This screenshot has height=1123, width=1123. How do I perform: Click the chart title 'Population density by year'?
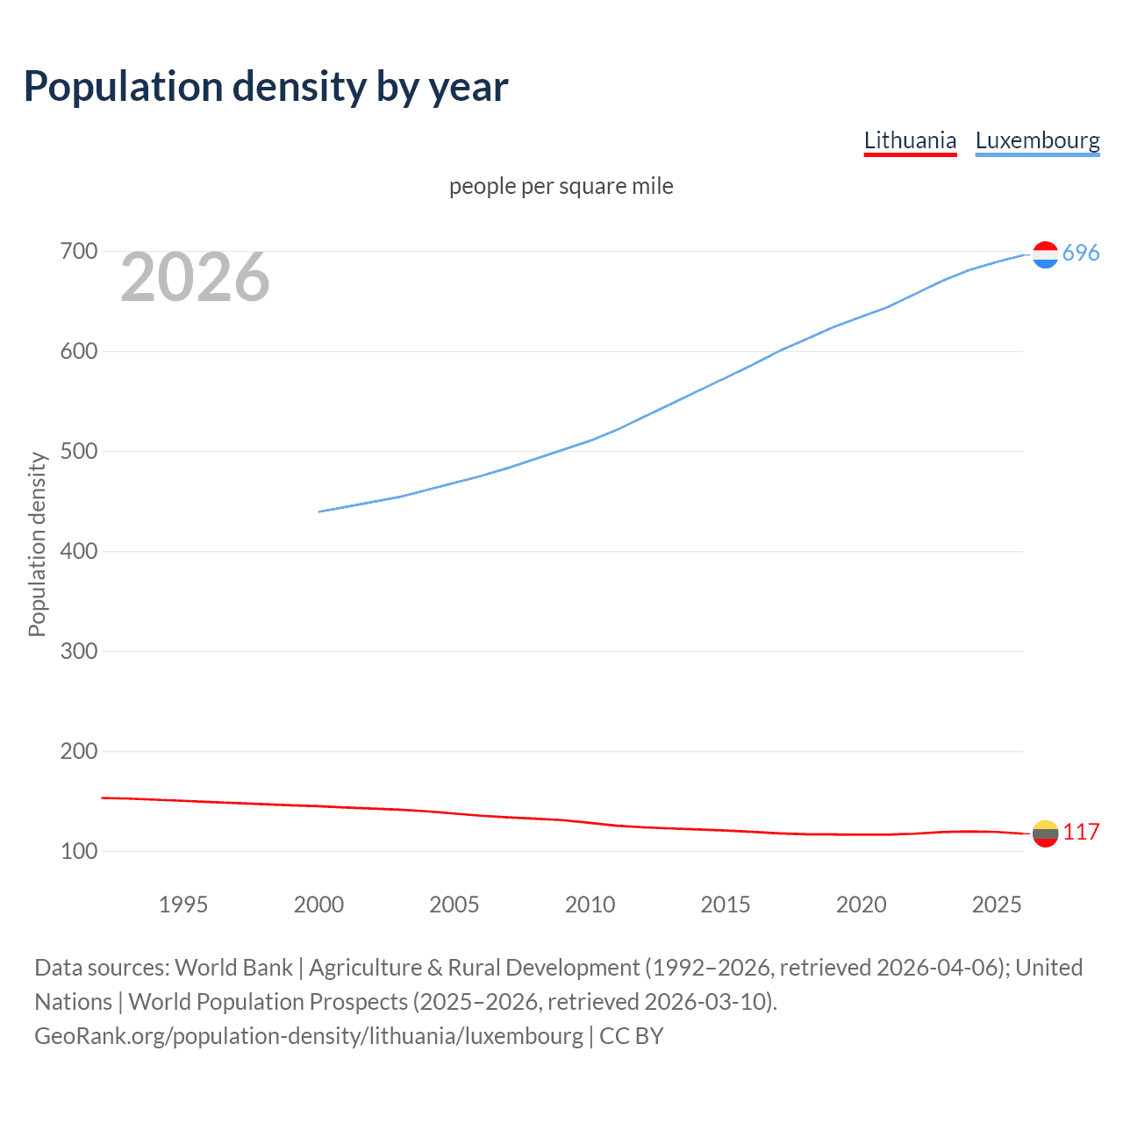[x=266, y=87]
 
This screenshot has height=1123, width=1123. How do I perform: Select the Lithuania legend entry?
[x=910, y=140]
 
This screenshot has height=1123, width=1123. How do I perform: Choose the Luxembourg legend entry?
[x=1037, y=140]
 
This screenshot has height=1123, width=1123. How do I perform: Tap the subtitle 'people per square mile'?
[x=561, y=186]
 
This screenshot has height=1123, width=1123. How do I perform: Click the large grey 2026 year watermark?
[x=195, y=277]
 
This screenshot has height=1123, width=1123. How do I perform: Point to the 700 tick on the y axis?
[x=78, y=252]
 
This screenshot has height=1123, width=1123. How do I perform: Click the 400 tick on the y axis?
[x=78, y=552]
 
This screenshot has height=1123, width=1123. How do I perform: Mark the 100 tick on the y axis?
[x=78, y=852]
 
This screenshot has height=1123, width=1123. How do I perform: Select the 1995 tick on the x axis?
[x=182, y=905]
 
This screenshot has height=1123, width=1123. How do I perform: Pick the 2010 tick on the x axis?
[x=590, y=905]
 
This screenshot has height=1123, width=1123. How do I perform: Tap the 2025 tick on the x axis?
[x=997, y=905]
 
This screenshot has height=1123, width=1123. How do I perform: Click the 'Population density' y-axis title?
[x=37, y=544]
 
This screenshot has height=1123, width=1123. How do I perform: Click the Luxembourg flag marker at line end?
[x=1045, y=254]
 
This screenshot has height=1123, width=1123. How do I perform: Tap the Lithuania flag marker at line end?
[x=1045, y=833]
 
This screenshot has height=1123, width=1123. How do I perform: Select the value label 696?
[x=1081, y=254]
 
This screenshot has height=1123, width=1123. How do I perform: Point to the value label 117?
[x=1081, y=833]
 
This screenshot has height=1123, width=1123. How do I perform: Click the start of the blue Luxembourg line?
[x=320, y=511]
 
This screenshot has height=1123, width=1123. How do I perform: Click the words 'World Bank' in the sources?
[x=233, y=968]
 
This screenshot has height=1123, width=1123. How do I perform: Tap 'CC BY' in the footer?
[x=631, y=1036]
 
